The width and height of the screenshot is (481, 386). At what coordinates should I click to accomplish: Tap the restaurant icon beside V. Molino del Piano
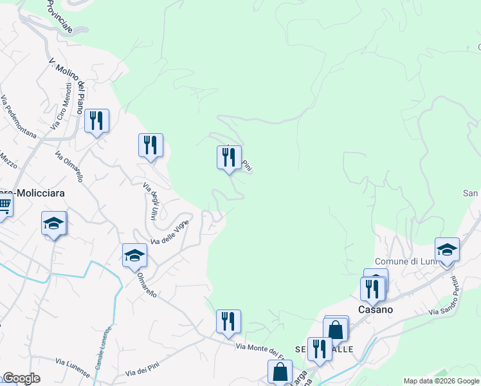pos(96,120)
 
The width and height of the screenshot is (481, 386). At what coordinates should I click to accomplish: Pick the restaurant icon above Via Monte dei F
pos(228,320)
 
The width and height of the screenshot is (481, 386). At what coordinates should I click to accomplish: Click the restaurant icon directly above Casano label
pos(372,289)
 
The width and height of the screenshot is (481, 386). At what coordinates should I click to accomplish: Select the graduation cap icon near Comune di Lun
pos(447,248)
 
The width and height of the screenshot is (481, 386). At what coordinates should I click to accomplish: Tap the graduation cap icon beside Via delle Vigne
pos(134,255)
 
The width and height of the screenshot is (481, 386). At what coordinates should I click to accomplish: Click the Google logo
pos(21,378)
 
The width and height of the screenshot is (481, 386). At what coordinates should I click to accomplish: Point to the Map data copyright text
pos(441,381)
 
